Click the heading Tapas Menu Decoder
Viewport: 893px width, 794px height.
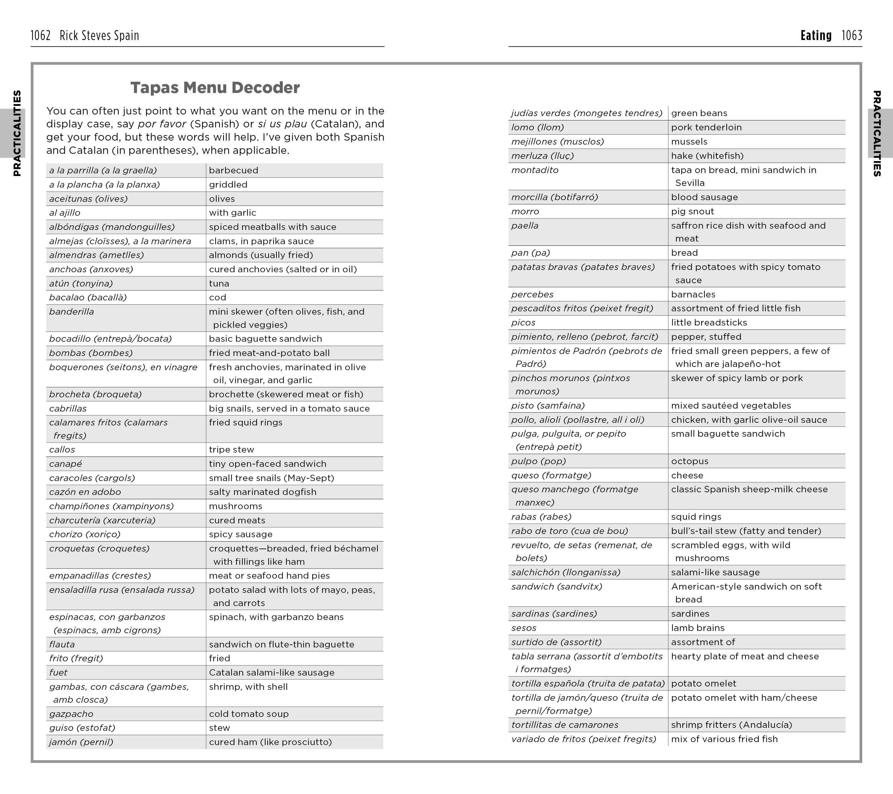215,87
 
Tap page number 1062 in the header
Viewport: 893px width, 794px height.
41,35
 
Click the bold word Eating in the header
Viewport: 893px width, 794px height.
816,35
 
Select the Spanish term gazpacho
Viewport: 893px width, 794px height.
71,714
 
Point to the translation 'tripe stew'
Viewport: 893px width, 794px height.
231,449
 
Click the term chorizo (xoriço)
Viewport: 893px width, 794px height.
85,534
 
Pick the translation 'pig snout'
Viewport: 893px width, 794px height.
693,211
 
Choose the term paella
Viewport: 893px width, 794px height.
525,226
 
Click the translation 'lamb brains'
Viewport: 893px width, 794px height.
698,628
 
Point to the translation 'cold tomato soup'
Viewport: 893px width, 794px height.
249,714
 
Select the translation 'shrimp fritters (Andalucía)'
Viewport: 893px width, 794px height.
731,725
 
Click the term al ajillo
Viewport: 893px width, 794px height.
64,213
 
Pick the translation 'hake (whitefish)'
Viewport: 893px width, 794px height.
707,155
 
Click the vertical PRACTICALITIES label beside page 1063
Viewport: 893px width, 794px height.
876,133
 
